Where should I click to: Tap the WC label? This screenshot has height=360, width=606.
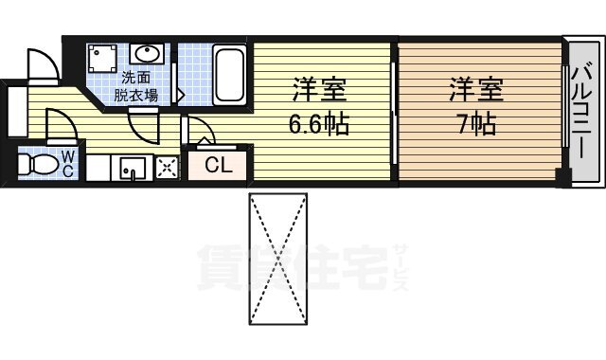tap(69, 163)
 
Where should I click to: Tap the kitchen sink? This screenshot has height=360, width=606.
tap(131, 168)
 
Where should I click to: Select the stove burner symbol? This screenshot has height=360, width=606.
tap(167, 168)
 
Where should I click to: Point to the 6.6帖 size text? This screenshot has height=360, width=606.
tap(318, 122)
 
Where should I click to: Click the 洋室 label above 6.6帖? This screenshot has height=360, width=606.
tap(318, 92)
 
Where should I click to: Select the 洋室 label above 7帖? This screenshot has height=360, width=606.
tap(476, 92)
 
